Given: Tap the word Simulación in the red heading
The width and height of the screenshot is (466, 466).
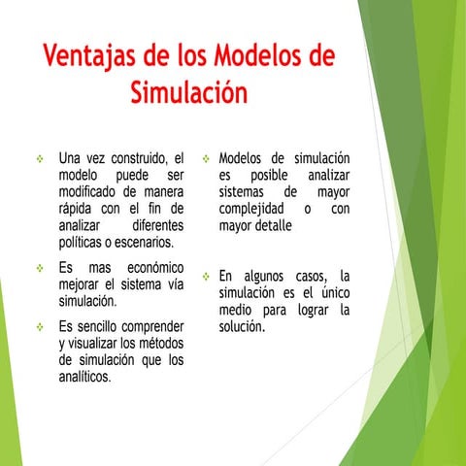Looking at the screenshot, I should [x=188, y=93].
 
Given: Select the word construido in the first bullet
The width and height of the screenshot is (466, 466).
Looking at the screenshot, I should [x=136, y=157].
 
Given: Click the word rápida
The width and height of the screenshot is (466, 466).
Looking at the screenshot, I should [x=79, y=208].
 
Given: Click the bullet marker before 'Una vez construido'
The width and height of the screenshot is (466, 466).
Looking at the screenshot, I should [x=40, y=158].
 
